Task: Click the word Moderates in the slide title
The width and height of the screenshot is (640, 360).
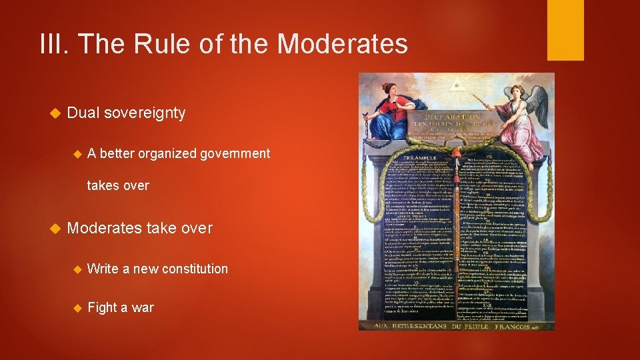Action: point(342,44)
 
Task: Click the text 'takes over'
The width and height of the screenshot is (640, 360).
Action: point(118,185)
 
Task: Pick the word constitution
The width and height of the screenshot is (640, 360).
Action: point(195,269)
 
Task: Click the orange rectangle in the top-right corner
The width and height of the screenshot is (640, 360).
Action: point(565,29)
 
